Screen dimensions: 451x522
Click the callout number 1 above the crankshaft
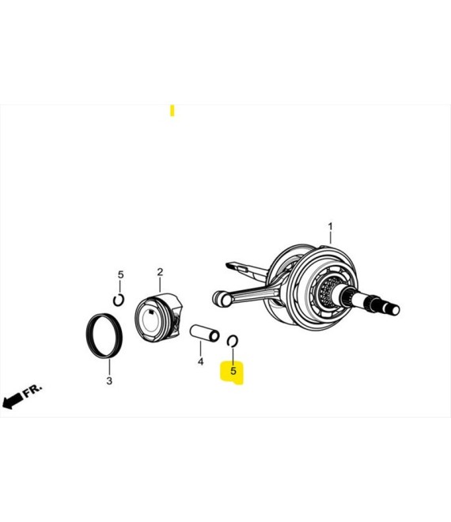330,227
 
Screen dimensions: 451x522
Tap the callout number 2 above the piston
160,272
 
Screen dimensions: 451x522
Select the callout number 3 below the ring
109,380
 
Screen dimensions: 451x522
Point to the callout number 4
200,361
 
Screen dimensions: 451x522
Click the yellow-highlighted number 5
233,370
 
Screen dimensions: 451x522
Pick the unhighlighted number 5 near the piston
120,274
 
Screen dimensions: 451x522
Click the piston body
158,318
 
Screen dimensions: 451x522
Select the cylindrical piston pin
204,333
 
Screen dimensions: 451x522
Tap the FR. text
32,390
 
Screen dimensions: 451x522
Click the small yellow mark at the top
172,111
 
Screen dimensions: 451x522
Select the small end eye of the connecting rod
222,297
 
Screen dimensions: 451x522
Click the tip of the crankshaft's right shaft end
396,310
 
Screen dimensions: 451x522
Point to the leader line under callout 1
331,238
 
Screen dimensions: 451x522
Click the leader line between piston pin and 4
200,349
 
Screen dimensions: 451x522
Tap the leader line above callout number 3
109,367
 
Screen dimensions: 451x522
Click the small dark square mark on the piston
152,312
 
